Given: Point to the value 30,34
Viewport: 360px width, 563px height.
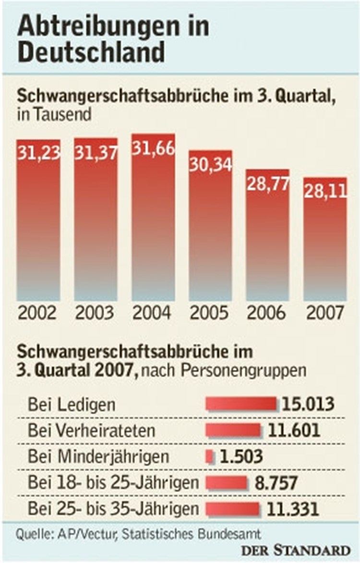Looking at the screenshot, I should [x=210, y=164].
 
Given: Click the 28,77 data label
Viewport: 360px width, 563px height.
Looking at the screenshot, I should [x=268, y=183].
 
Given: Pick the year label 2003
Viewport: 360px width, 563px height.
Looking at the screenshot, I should [x=95, y=313].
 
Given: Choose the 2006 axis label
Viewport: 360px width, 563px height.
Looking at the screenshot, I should [x=267, y=313].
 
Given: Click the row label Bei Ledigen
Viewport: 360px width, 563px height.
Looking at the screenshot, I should [x=72, y=404].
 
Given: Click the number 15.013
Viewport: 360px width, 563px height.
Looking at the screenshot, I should [x=308, y=404].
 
